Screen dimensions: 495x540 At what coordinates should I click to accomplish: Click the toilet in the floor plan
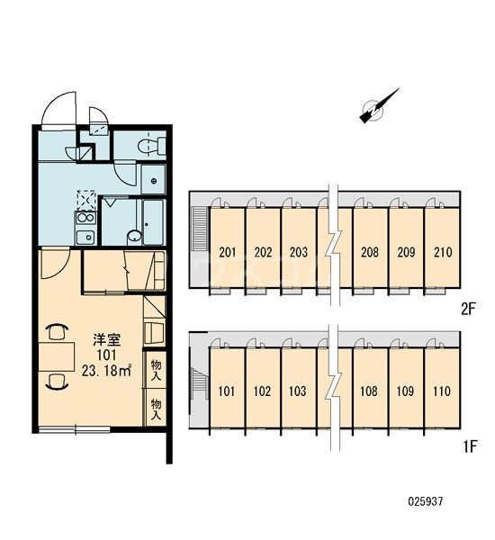click(152, 145)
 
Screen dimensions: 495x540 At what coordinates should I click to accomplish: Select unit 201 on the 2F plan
click(228, 252)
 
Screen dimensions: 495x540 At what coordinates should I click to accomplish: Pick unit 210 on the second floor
click(443, 252)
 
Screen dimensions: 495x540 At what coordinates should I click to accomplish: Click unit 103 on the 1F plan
click(298, 391)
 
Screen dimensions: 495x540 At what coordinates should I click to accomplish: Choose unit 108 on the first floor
click(369, 391)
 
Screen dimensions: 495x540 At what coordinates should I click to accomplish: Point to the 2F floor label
click(468, 310)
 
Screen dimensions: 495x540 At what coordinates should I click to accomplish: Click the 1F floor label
click(469, 446)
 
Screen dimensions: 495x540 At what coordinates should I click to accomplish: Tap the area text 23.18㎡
click(106, 371)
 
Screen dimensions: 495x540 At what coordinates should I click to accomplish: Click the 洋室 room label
click(106, 340)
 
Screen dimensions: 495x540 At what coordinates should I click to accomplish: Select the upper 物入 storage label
click(156, 370)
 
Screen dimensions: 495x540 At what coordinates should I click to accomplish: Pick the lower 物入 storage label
click(156, 409)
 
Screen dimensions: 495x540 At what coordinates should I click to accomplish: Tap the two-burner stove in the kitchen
click(85, 219)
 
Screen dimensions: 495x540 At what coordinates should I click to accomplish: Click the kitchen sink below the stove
click(85, 237)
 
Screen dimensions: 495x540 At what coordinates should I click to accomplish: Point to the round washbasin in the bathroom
click(134, 237)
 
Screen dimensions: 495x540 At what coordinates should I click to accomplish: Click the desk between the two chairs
click(57, 356)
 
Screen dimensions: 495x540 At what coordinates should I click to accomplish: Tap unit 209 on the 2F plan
click(407, 252)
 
